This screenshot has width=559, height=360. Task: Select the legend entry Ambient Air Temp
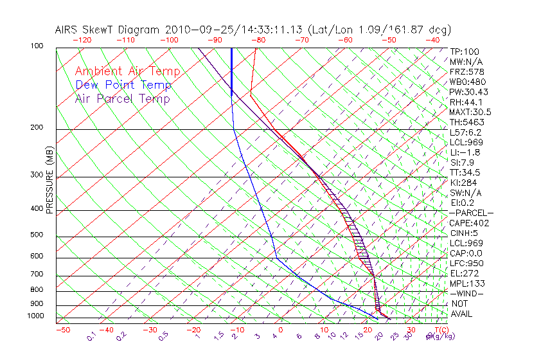pos(128,71)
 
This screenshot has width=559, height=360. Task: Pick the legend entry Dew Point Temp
pos(123,85)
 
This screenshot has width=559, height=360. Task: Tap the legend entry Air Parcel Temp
pos(123,98)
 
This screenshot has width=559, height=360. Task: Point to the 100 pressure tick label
pos(37,46)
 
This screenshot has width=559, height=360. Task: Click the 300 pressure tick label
pos(37,175)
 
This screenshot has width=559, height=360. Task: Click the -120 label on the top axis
pos(82,40)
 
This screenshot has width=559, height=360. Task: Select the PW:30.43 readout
pos(468,92)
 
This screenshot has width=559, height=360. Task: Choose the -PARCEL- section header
pos(471,213)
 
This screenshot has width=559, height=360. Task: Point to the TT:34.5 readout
pos(466,172)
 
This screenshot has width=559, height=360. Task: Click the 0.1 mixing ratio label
pos(91,336)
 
